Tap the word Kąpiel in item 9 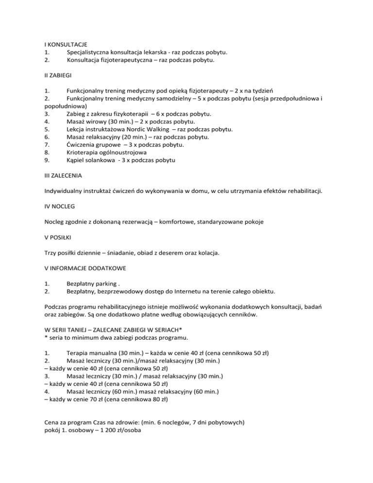(77, 159)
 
